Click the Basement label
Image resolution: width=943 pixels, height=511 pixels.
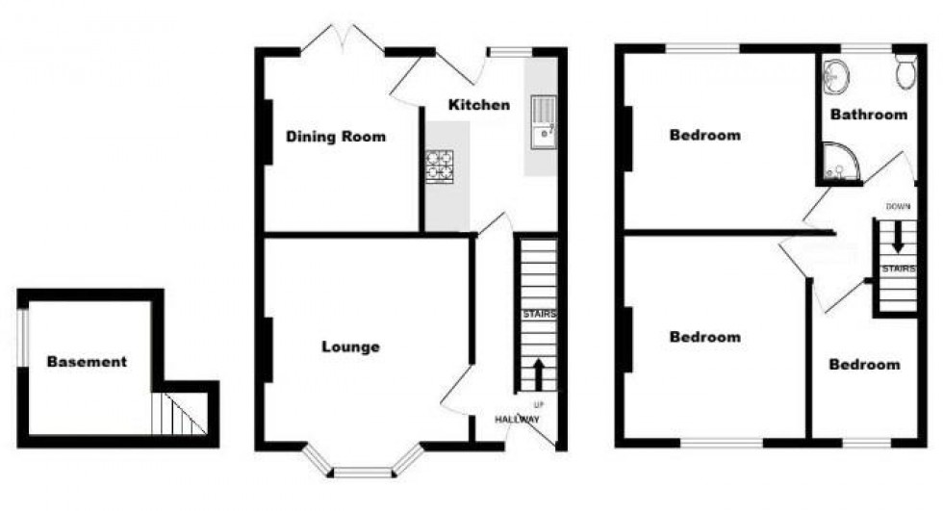point(87,362)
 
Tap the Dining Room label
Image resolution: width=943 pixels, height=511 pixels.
point(336,137)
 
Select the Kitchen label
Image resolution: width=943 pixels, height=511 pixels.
point(479,104)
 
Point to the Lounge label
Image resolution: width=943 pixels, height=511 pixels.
point(350,346)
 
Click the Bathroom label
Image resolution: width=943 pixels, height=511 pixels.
point(869,114)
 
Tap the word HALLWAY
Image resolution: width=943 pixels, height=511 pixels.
point(518,420)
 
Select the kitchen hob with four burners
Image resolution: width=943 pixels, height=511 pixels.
point(441,166)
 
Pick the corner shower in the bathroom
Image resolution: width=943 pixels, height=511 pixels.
point(837,163)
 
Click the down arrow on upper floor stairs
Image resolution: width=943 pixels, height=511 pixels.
point(898,237)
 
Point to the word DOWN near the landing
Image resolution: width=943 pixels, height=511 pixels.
point(898,206)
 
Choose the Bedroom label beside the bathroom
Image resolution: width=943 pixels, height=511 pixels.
point(705,136)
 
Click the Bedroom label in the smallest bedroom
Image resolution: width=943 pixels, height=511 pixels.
point(865,365)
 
